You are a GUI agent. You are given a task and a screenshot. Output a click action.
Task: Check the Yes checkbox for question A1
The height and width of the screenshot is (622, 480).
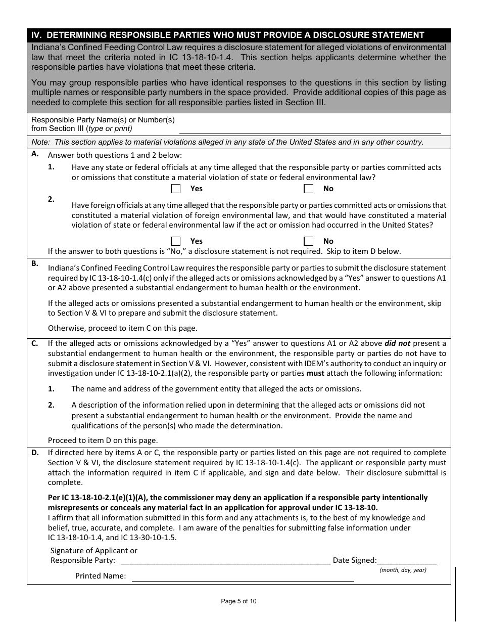(x=176, y=189)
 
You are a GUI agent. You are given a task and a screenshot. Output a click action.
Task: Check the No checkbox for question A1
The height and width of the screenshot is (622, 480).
(x=308, y=189)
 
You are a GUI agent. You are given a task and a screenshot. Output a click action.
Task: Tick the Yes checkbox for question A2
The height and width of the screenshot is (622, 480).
(x=176, y=241)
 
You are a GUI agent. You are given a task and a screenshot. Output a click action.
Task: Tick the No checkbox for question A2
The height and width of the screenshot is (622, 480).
(x=308, y=241)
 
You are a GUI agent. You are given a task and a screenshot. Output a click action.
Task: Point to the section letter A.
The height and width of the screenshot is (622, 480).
(x=35, y=154)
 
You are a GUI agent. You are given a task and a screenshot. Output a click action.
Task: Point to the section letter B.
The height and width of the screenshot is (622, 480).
(x=35, y=263)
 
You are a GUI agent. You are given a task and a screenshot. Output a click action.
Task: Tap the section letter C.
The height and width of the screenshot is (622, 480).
(x=35, y=343)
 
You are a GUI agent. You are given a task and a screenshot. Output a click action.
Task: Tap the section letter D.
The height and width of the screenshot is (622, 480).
(x=35, y=453)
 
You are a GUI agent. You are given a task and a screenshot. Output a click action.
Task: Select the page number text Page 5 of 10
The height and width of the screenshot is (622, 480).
(x=238, y=601)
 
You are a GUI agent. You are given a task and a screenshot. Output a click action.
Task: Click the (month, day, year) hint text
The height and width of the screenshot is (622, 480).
(x=403, y=570)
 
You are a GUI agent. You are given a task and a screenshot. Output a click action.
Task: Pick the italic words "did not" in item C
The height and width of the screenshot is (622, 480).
(x=397, y=343)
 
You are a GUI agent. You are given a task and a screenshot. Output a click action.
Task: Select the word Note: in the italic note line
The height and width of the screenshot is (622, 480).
(x=41, y=142)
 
